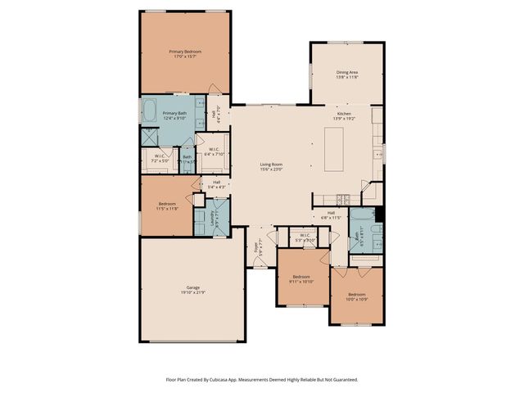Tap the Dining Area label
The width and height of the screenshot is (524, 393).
tap(347, 75)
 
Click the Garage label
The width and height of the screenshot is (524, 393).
tap(193, 290)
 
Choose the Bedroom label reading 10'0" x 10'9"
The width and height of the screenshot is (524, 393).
tap(357, 296)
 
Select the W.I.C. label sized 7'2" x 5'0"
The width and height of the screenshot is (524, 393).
tap(160, 157)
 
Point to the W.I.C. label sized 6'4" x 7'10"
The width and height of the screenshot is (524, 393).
tap(212, 151)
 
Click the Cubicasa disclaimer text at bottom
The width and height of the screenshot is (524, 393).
tap(261, 379)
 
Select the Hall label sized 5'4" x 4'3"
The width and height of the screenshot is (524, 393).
tap(216, 184)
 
